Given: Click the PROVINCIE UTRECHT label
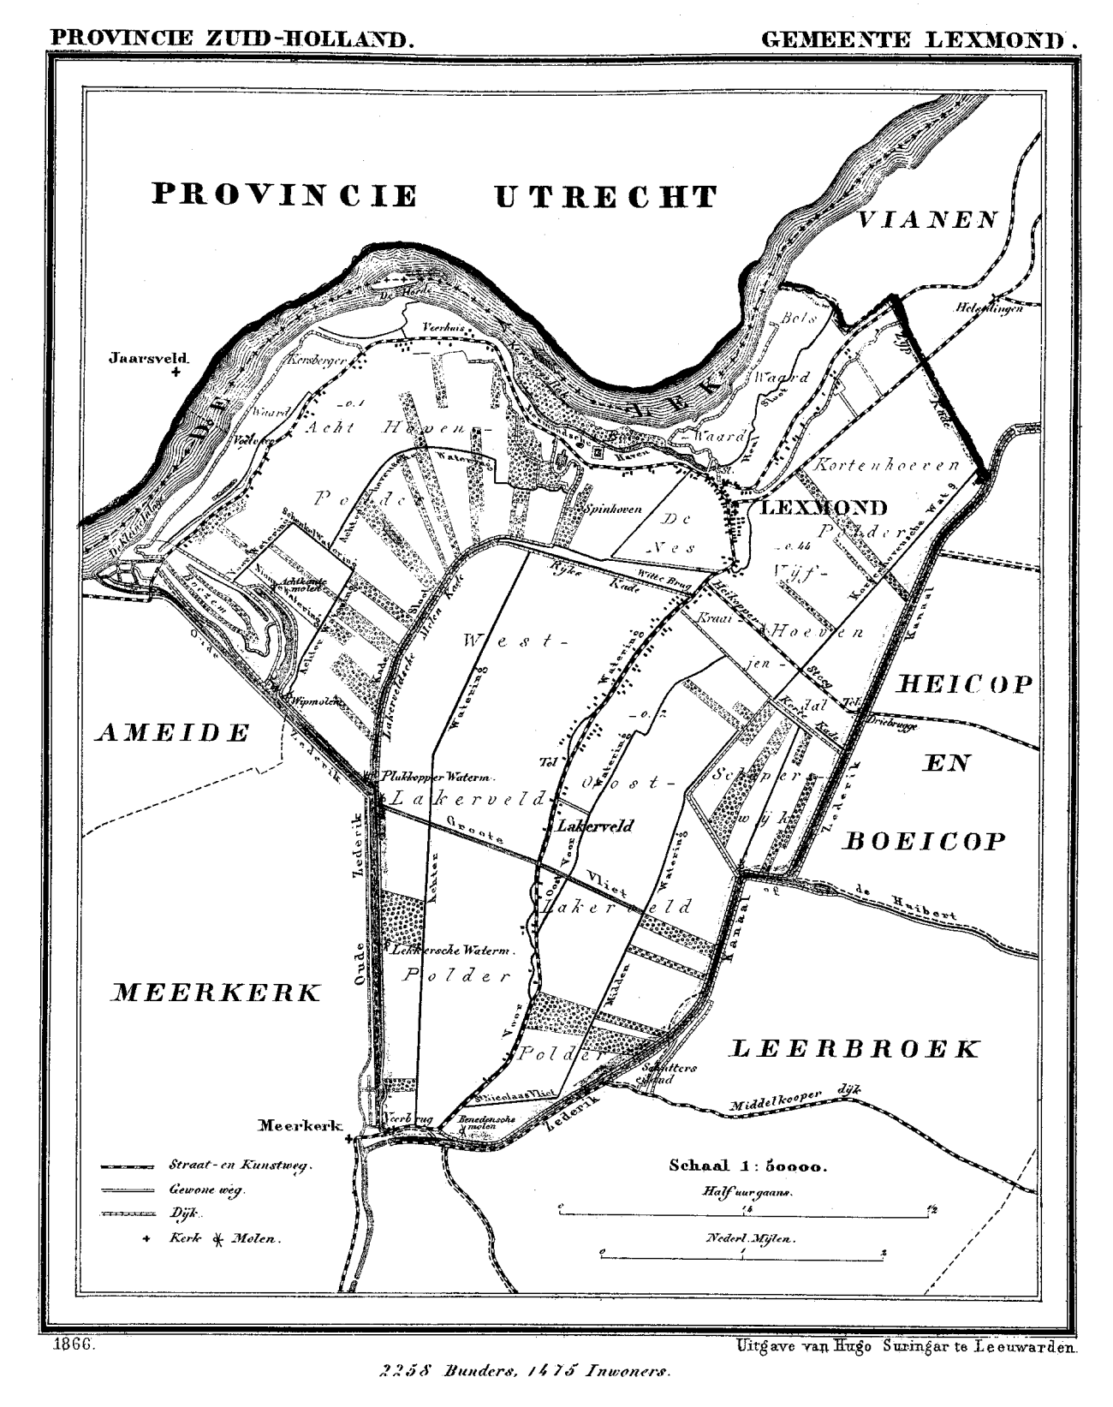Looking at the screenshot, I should point(434,196).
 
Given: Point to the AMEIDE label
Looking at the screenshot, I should point(173,733).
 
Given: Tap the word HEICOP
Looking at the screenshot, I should point(965,684).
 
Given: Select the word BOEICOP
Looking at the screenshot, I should point(925,841).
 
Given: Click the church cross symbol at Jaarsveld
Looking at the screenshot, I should point(176,373).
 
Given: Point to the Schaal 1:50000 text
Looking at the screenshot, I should point(747,1166).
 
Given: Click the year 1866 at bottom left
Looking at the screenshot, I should point(72,1346).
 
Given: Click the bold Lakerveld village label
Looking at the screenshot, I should point(594,827).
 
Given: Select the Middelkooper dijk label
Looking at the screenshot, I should point(792,1100).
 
